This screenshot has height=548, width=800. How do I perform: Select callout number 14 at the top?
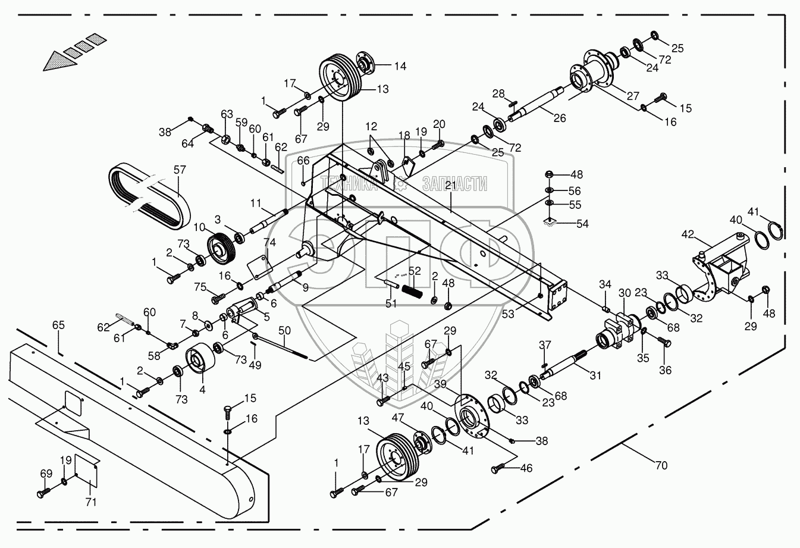coord(400,66)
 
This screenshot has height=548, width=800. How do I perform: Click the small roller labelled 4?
coord(198,361)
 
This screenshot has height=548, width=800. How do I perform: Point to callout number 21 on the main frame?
coord(450,187)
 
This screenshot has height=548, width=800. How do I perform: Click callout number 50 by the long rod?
coord(284,330)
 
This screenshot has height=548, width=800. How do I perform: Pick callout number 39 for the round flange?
coord(440,385)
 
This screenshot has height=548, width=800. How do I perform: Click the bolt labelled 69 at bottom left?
coord(43,493)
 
